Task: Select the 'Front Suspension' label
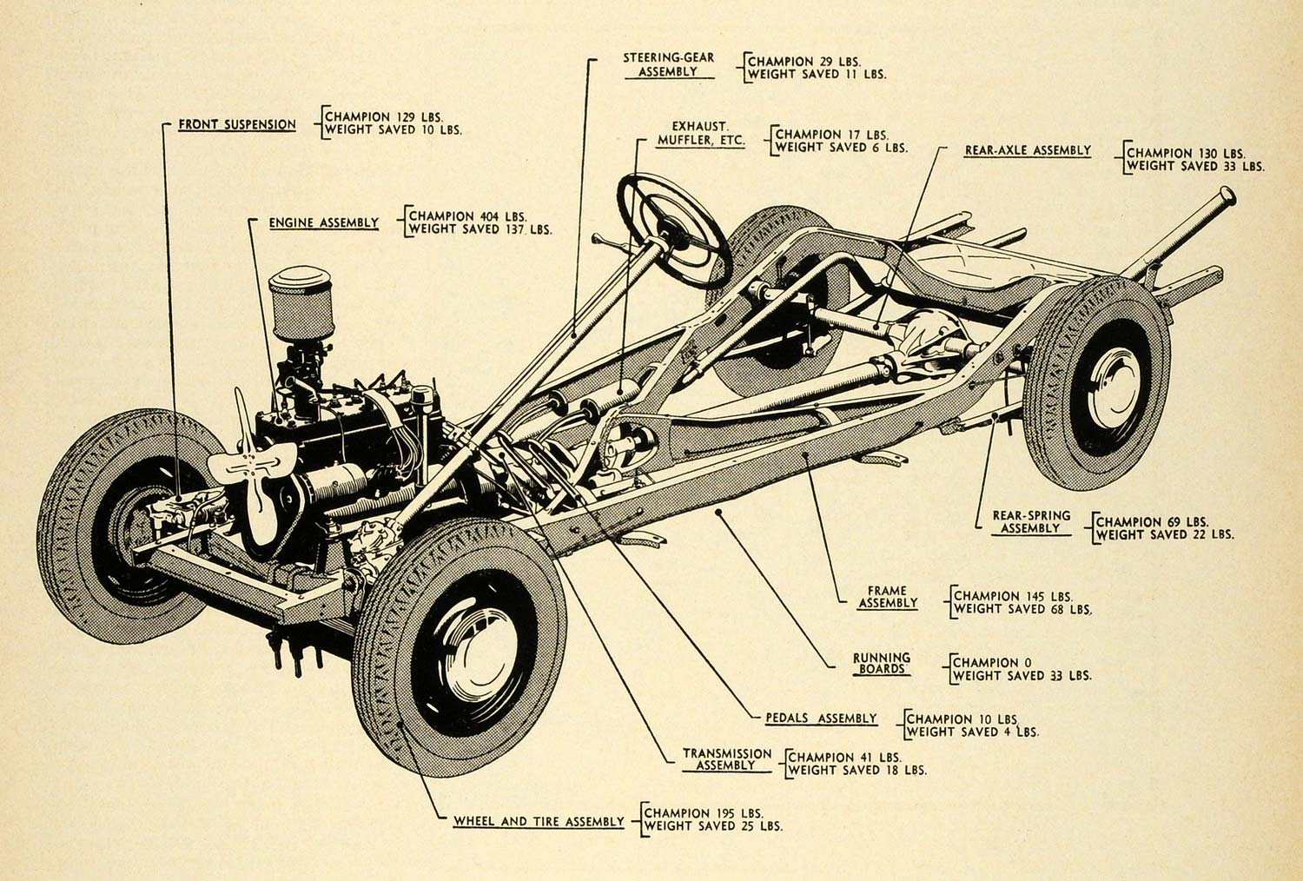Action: coord(237,124)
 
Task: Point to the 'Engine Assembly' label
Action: coord(323,223)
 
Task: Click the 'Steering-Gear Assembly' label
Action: coord(668,64)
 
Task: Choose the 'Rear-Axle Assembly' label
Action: coord(1028,150)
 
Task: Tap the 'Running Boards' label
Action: coord(881,663)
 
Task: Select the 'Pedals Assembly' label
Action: coord(821,719)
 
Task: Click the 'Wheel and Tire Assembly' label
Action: coord(539,821)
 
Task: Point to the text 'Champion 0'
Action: coord(986,662)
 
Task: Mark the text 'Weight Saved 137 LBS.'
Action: coord(480,230)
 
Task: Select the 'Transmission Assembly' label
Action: coord(726,759)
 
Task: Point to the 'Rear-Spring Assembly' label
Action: coord(1031,521)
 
